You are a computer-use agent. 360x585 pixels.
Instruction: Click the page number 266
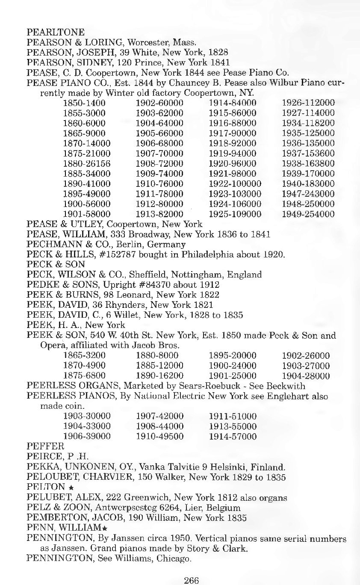pos(192,580)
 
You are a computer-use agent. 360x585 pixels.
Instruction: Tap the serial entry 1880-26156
pos(87,163)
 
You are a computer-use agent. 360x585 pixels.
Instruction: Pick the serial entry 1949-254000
pos(308,214)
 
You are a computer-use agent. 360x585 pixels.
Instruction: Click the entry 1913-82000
pos(159,214)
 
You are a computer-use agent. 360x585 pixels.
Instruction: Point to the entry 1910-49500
pos(159,437)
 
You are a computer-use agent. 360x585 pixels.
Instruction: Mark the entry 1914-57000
pos(233,437)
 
